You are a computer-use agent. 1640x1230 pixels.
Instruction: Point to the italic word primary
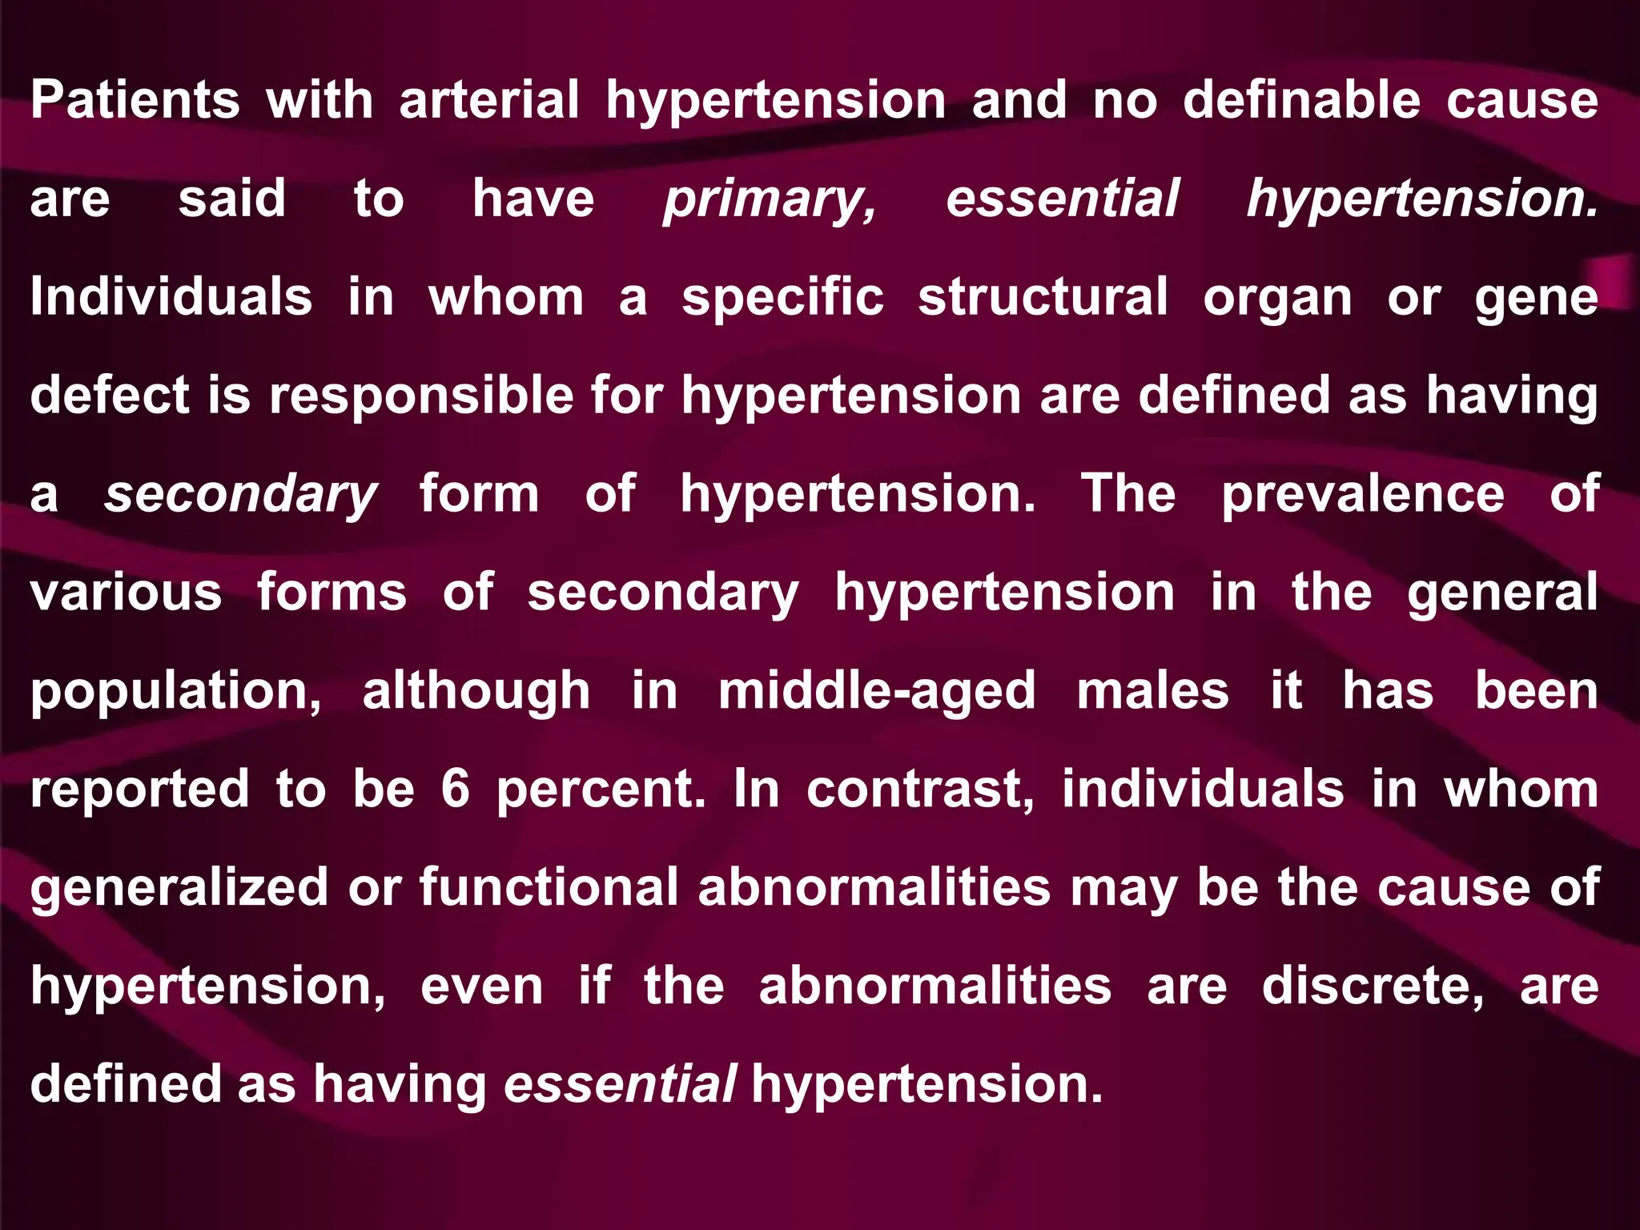pyautogui.click(x=770, y=200)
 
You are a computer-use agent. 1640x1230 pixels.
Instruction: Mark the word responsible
pyautogui.click(x=421, y=396)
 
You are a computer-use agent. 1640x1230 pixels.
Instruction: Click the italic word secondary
pyautogui.click(x=239, y=495)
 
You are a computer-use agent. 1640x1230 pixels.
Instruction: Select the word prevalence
pyautogui.click(x=1362, y=495)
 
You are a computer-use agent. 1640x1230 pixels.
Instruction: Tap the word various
pyautogui.click(x=126, y=593)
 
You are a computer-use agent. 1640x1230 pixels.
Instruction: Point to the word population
pyautogui.click(x=175, y=693)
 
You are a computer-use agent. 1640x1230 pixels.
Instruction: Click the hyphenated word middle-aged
pyautogui.click(x=877, y=693)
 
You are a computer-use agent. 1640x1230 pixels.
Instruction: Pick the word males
pyautogui.click(x=1152, y=691)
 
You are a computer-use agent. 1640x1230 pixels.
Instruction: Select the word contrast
pyautogui.click(x=920, y=790)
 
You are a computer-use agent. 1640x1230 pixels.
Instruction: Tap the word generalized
pyautogui.click(x=179, y=889)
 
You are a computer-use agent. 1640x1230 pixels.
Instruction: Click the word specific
pyautogui.click(x=782, y=299)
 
